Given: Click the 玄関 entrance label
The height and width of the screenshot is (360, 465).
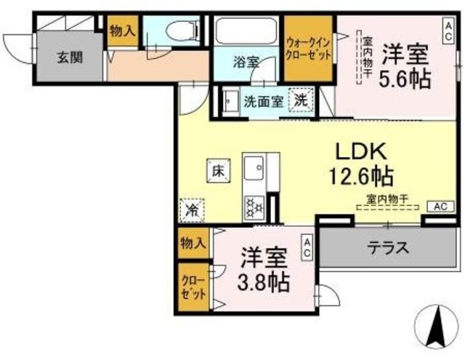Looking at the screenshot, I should click(70, 56).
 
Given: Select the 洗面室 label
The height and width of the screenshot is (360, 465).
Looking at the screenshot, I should click(263, 102).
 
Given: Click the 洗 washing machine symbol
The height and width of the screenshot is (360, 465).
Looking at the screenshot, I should click(301, 100).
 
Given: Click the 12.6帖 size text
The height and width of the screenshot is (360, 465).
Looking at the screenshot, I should click(363, 177).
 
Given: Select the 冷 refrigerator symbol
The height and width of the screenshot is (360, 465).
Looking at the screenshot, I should click(193, 211).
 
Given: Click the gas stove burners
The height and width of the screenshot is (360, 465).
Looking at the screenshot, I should click(254, 207).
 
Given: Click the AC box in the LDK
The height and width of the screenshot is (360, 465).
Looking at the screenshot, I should click(440, 206).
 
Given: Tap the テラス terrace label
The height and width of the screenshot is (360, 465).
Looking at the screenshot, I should click(386, 247).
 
